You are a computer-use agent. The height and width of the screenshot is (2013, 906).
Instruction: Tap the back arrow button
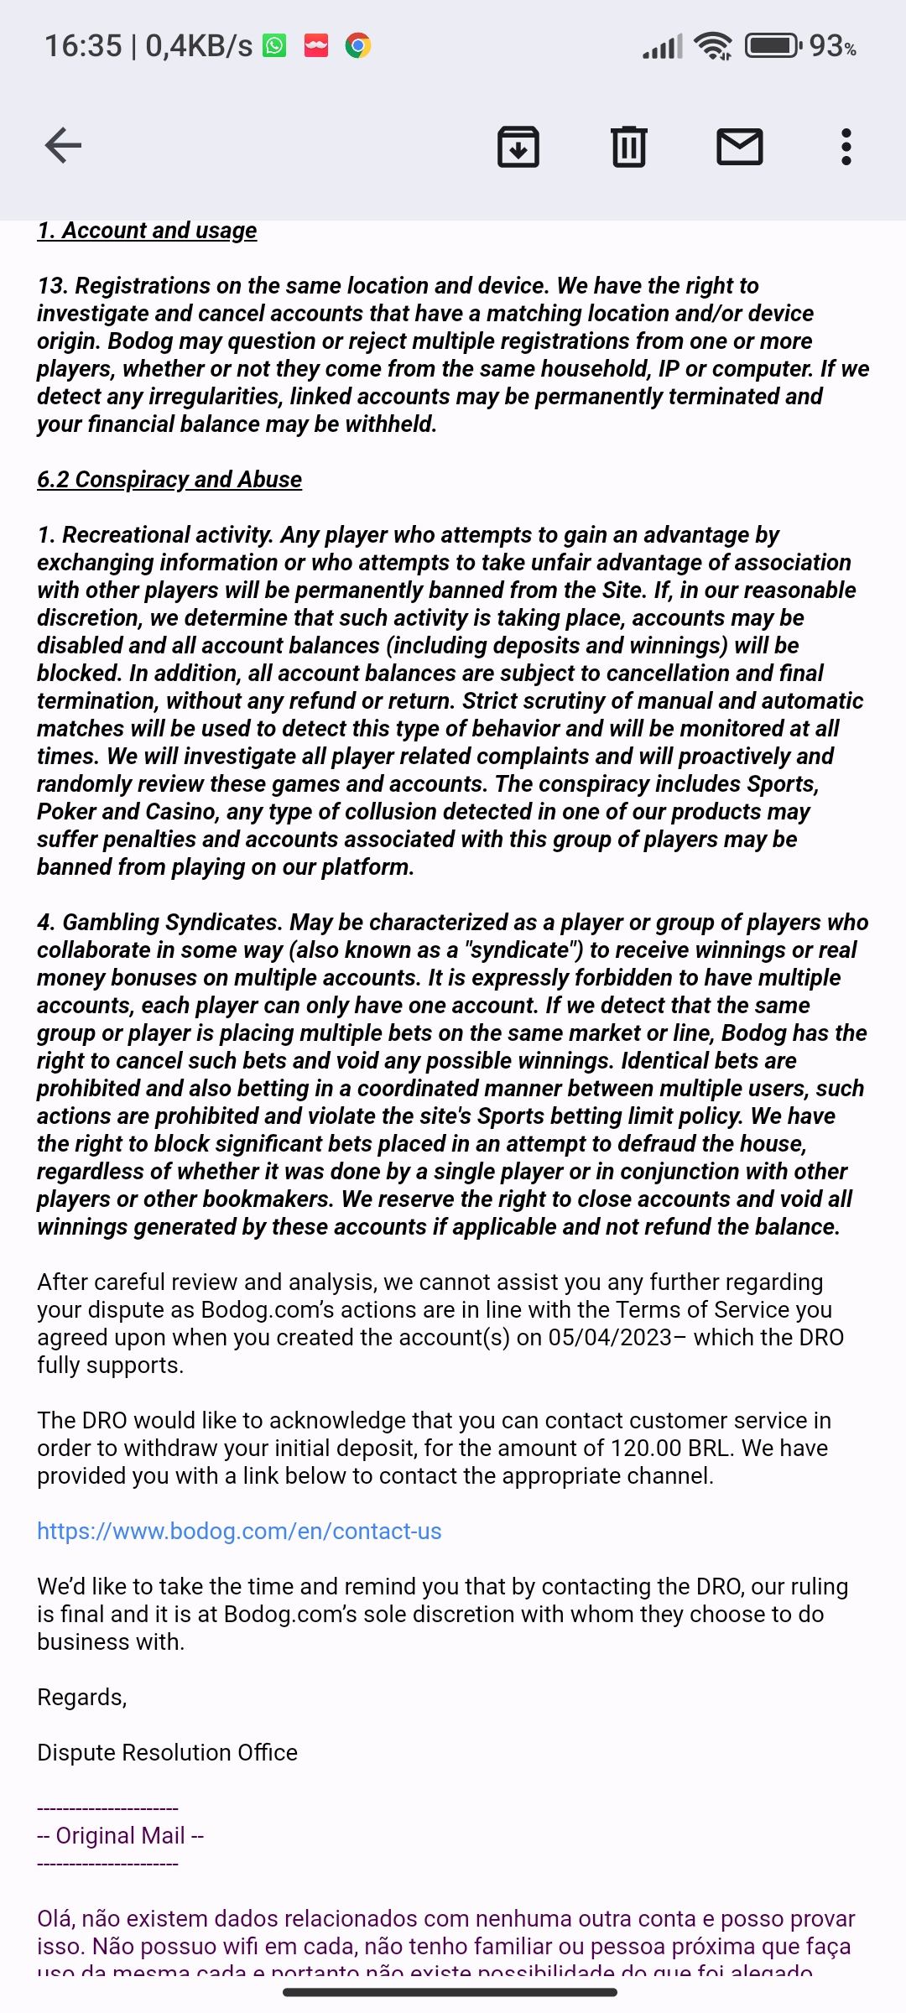(63, 146)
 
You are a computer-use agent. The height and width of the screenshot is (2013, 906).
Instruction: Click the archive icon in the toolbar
(518, 147)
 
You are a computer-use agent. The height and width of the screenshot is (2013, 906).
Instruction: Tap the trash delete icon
(628, 147)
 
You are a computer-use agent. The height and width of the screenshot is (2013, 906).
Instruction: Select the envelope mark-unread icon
(739, 147)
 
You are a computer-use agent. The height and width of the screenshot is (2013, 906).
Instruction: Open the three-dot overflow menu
(846, 147)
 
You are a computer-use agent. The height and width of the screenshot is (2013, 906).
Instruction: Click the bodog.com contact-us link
(239, 1532)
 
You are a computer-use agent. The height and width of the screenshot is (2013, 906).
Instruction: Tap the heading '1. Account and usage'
(147, 231)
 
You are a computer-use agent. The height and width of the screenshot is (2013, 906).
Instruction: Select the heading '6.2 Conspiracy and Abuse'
(169, 480)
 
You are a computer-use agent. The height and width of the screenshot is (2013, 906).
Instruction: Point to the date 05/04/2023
(610, 1338)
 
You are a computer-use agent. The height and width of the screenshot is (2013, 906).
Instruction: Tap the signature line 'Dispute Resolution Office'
(167, 1753)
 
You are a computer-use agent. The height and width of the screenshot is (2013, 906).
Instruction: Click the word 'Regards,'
(81, 1698)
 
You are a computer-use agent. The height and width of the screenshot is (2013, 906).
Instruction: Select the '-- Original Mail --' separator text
(121, 1836)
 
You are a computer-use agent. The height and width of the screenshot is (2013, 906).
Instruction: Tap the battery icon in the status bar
(773, 45)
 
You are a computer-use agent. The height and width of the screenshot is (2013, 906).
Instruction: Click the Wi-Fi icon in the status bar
(714, 45)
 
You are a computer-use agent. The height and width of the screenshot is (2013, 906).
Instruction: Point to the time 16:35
(83, 46)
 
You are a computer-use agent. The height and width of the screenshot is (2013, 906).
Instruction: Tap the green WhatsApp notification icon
(274, 45)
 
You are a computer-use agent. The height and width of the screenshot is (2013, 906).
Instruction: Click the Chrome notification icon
(358, 45)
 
